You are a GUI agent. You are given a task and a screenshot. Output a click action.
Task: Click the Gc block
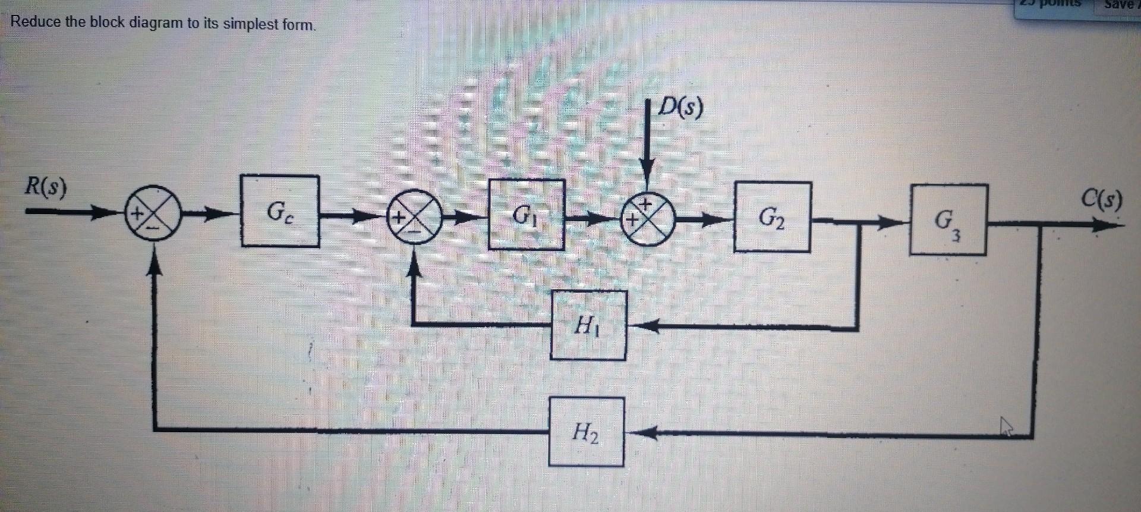[x=280, y=211]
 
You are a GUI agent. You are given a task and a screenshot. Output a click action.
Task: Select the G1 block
[x=526, y=215]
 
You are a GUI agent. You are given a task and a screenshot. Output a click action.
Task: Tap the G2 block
[x=772, y=217]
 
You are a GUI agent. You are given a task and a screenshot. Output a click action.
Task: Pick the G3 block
[x=948, y=221]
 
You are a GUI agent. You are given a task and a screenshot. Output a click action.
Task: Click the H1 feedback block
[x=588, y=325]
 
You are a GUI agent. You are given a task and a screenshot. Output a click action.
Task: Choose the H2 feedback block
[x=586, y=432]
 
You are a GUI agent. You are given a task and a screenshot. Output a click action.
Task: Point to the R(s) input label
[x=46, y=187]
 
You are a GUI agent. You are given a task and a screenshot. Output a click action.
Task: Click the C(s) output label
[x=1102, y=199]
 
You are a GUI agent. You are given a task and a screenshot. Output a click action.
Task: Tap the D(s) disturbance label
[x=681, y=107]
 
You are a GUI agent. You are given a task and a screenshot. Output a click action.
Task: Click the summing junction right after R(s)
[x=153, y=213]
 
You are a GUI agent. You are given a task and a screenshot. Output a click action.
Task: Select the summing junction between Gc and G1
[x=414, y=217]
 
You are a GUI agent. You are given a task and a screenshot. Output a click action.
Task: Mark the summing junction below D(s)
[x=648, y=219]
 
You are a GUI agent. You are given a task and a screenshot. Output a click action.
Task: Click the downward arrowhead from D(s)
[x=648, y=172]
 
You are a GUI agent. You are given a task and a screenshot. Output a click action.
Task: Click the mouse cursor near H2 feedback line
[x=1006, y=426]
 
